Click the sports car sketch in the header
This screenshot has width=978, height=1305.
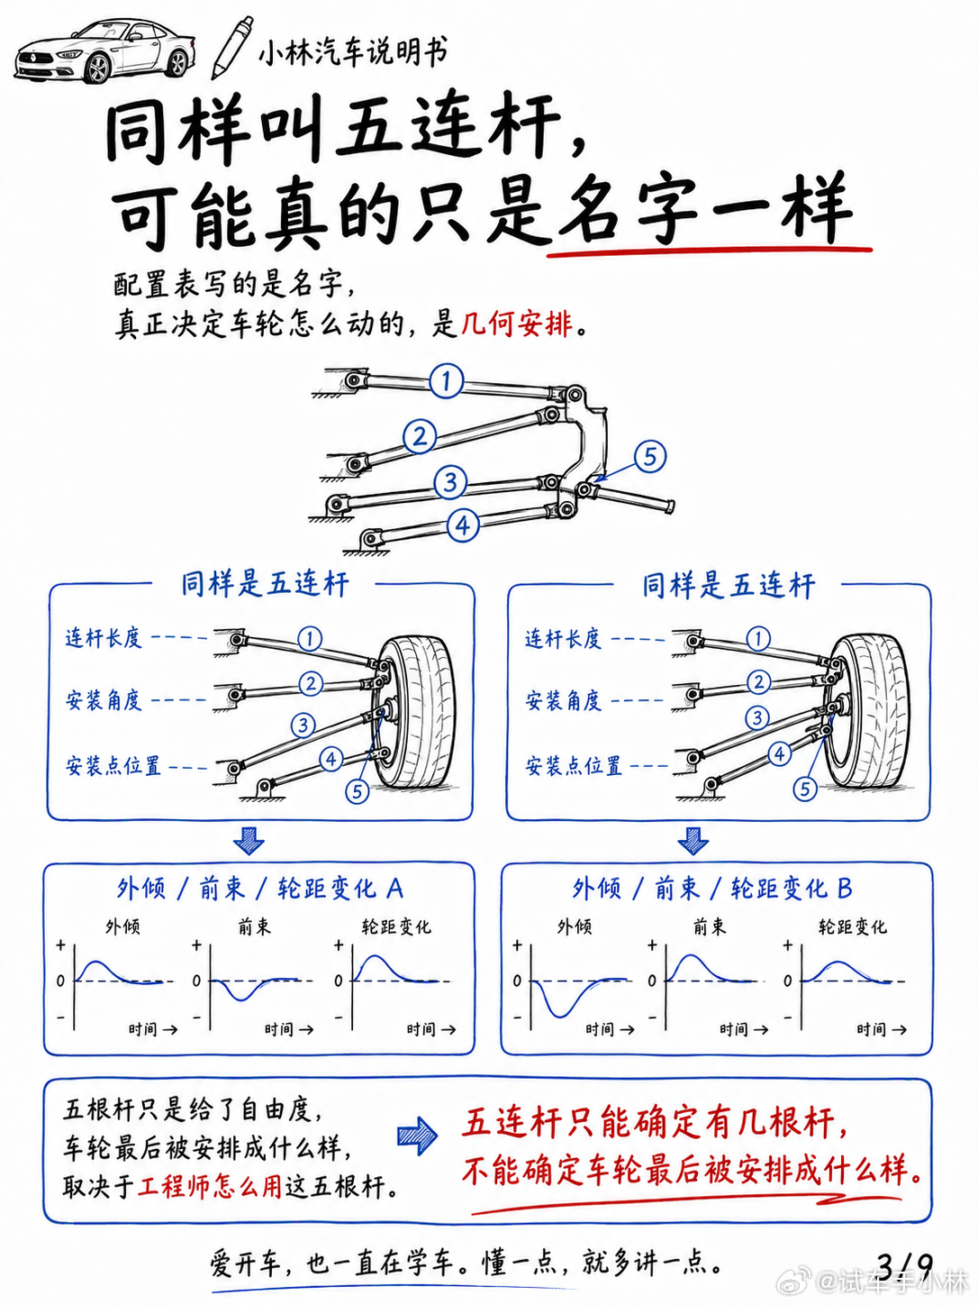tap(105, 51)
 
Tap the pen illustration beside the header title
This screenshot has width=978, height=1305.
tap(232, 48)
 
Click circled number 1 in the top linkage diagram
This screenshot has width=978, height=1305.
tap(446, 380)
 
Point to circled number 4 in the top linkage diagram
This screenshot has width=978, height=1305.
tap(463, 525)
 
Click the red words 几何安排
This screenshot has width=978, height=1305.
tap(517, 324)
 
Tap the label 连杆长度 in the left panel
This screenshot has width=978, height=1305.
tap(104, 638)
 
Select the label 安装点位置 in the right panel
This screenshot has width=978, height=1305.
tap(573, 765)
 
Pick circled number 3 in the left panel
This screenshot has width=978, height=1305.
tap(303, 725)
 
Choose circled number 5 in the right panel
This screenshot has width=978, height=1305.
tap(804, 789)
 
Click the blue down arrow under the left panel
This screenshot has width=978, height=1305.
tap(249, 840)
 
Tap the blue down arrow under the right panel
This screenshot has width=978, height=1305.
tap(693, 840)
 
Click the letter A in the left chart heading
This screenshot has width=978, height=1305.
tap(394, 889)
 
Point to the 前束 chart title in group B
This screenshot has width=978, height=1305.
tap(709, 926)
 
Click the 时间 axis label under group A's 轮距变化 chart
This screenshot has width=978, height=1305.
tap(421, 1029)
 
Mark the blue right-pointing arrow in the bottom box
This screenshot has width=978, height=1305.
tap(418, 1136)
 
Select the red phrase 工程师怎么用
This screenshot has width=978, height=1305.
tap(210, 1187)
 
